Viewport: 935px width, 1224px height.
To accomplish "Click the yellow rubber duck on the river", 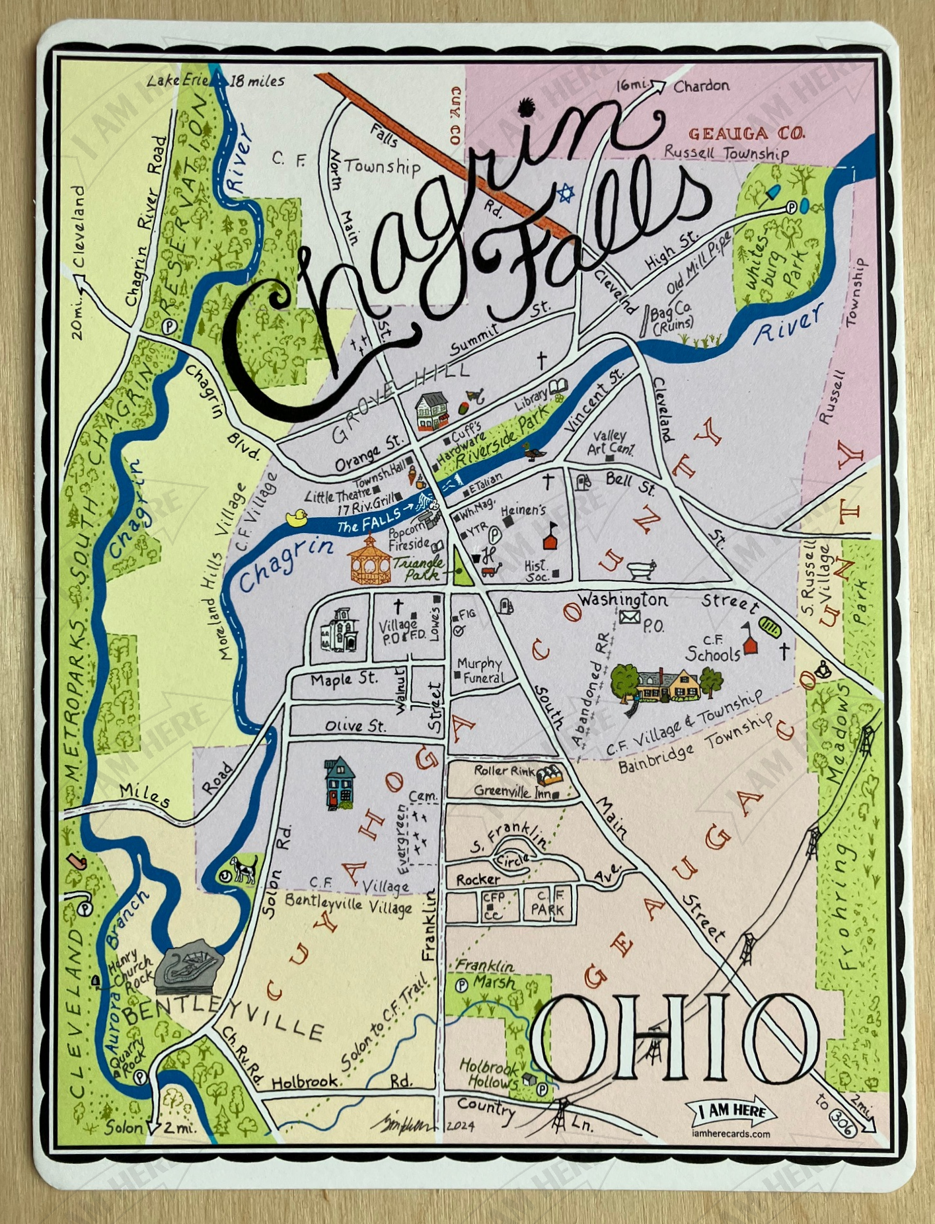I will point(297,517).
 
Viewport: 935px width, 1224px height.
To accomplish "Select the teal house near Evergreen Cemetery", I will point(340,784).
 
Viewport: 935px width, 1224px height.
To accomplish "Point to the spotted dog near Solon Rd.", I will point(243,868).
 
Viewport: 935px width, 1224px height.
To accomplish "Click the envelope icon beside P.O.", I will point(630,617).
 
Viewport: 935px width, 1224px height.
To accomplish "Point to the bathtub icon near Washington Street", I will point(641,569).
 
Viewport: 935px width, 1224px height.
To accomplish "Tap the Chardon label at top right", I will point(701,86).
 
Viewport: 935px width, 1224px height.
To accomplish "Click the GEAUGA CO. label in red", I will point(747,134).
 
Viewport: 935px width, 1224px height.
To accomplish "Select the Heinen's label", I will point(523,510).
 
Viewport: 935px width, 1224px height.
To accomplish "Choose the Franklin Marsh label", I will point(486,974).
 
